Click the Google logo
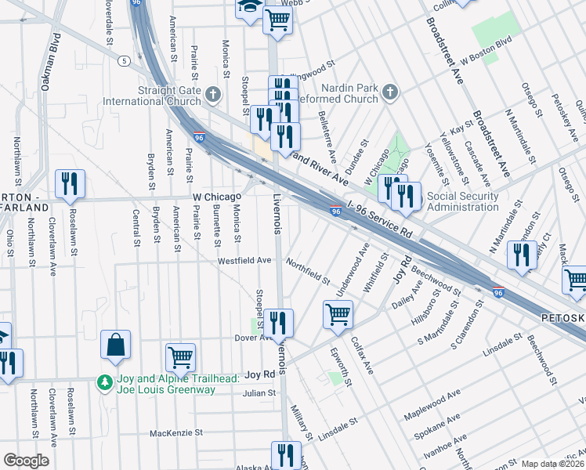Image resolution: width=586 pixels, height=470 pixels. pos(26,460)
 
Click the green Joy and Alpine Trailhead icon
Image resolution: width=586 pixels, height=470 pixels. pos(103,382)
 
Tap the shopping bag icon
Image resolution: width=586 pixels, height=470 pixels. pos(116,345)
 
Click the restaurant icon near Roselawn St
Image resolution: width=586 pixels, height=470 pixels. pos(71,184)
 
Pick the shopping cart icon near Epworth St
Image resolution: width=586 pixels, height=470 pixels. pos(338,314)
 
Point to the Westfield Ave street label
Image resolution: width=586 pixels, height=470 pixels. pos(244,260)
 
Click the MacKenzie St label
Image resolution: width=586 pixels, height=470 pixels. pos(176,432)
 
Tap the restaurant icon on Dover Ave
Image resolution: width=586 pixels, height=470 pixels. pos(277,322)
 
